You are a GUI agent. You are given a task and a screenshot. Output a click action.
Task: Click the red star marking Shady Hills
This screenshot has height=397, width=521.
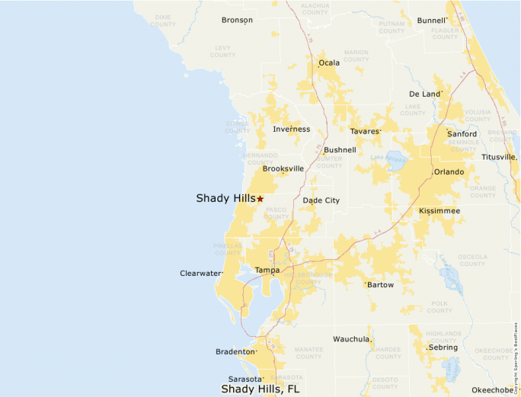(260, 199)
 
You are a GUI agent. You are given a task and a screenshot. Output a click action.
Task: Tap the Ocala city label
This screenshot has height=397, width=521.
(329, 62)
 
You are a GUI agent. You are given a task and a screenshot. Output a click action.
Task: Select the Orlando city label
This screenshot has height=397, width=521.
(449, 172)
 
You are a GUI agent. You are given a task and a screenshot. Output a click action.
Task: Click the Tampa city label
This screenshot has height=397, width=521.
(267, 270)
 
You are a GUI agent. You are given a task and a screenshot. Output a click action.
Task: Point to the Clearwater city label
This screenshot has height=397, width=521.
(200, 273)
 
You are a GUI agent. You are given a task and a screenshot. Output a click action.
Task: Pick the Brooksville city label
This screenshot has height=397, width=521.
(283, 168)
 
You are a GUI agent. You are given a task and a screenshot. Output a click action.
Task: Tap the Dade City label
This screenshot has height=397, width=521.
(321, 200)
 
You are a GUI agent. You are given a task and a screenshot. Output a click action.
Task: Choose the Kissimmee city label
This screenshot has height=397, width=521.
(439, 210)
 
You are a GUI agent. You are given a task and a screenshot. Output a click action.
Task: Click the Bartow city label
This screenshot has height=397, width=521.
(380, 284)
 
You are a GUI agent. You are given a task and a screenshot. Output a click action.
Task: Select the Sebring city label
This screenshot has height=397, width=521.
(443, 347)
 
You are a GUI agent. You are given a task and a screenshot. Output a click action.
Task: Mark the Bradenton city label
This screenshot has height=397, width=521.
(235, 351)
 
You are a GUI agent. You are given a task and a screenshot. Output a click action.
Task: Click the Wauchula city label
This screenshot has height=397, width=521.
(351, 338)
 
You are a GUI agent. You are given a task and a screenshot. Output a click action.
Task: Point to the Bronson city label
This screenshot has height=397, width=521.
(237, 20)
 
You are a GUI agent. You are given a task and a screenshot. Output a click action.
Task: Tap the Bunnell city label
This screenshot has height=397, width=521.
(431, 21)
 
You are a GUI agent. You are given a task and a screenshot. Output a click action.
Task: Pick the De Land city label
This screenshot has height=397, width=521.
(424, 94)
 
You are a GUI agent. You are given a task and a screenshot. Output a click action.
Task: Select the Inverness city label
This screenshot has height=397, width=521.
(291, 129)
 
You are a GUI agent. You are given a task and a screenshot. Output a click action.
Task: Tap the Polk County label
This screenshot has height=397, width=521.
(439, 306)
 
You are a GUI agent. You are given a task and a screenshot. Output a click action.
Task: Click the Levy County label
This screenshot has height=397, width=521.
(222, 51)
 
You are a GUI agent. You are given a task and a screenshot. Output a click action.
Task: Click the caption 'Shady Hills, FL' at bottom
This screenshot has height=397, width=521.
(260, 389)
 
